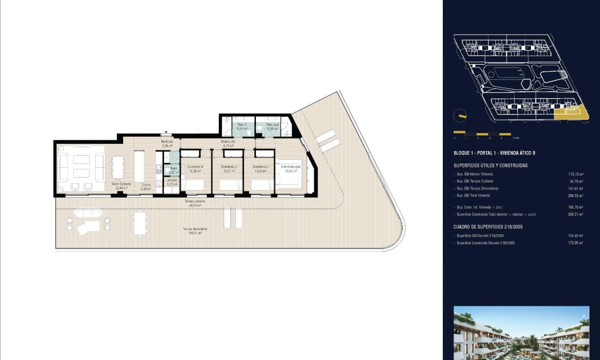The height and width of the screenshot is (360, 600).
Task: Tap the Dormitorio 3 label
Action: click(229, 167)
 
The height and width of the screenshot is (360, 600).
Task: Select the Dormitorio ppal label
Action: click(291, 167)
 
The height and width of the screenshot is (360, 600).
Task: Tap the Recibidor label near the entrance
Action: click(167, 142)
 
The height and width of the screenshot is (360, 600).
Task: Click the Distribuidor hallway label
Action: click(229, 142)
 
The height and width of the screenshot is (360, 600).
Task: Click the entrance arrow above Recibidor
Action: click(166, 134)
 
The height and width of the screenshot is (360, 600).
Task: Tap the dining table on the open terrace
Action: click(140, 224)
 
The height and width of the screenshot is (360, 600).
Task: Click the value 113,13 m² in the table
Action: click(576, 174)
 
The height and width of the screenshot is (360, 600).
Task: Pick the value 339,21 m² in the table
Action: click(576, 214)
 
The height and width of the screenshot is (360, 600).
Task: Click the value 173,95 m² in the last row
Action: click(576, 243)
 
